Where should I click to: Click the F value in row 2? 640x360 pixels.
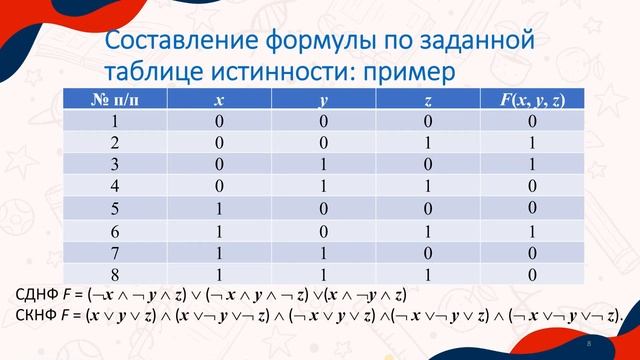532,142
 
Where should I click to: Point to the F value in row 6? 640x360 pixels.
532,230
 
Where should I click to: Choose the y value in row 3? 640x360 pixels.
323,164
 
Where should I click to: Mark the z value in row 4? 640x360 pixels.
428,186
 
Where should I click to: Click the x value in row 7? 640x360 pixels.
219,252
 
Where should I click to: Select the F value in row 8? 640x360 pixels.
532,273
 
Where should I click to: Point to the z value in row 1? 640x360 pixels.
428,121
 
